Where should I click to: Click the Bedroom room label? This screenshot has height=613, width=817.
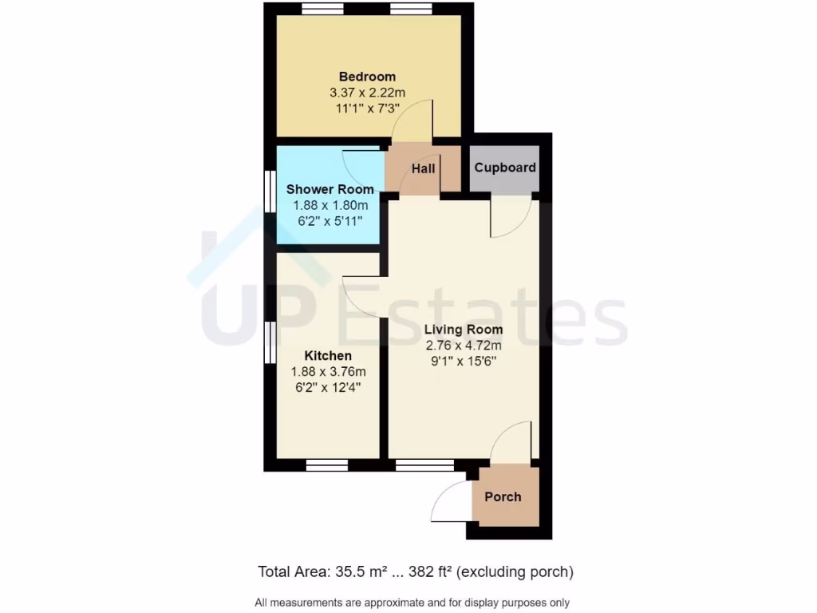(x=367, y=77)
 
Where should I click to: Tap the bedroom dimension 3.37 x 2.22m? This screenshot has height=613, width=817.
(x=367, y=93)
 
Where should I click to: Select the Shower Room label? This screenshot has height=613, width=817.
(x=330, y=189)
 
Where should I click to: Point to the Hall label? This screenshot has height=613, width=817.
(x=423, y=168)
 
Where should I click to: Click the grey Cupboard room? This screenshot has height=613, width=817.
(x=504, y=168)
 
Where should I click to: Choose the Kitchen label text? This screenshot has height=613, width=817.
(x=328, y=355)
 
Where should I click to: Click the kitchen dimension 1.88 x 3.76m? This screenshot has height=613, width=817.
(x=328, y=371)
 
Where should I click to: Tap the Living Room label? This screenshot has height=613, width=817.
(x=463, y=330)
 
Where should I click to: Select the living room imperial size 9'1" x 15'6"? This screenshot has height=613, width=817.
(x=463, y=361)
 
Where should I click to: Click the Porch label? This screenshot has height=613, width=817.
(x=503, y=496)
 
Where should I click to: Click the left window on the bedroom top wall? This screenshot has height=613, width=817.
(x=323, y=9)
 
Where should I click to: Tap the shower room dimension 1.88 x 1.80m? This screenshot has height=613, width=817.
(x=330, y=204)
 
